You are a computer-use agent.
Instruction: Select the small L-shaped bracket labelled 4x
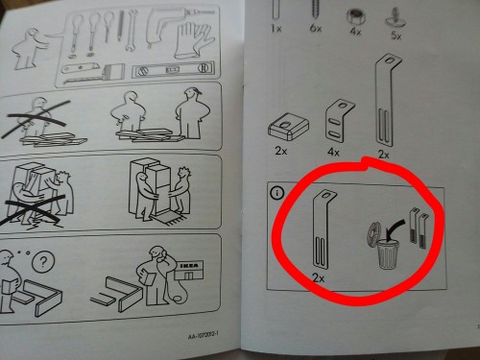(x=343, y=117)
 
